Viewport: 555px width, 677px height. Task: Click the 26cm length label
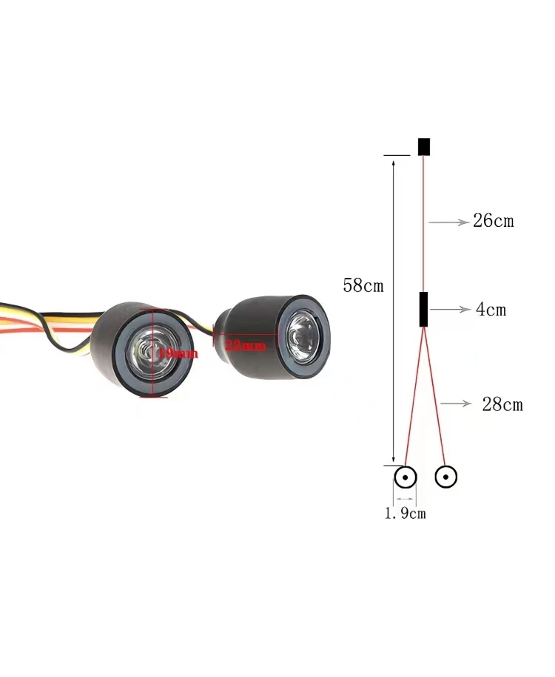click(493, 221)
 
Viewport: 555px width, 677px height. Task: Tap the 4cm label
click(491, 310)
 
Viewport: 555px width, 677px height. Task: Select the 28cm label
click(502, 404)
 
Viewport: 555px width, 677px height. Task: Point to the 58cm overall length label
click(363, 286)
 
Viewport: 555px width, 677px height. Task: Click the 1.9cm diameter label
click(406, 514)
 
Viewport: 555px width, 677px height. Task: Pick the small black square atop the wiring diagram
click(424, 146)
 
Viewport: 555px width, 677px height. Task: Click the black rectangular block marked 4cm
click(423, 309)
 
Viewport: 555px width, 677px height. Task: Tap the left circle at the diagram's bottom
click(406, 477)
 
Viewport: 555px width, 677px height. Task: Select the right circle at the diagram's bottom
click(445, 477)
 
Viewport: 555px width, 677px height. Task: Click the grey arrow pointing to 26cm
click(447, 221)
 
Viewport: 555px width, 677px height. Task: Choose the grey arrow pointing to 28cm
click(456, 404)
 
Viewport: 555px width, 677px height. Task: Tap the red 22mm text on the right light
click(244, 345)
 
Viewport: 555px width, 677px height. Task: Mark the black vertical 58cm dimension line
click(393, 310)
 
